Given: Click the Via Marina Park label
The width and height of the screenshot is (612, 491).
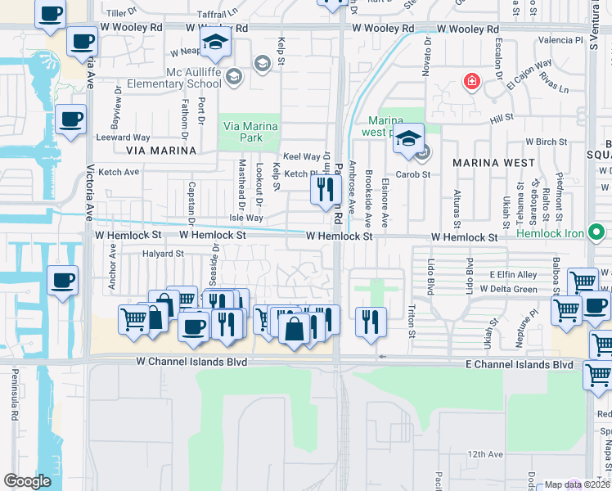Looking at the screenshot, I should (x=251, y=133).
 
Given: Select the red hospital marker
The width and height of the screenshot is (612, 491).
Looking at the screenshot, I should (x=471, y=81).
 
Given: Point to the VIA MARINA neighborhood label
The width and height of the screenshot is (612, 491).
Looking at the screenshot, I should (x=161, y=151).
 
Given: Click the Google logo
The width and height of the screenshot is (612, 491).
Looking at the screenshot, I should (x=28, y=481).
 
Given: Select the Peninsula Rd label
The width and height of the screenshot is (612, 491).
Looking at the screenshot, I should (x=14, y=394).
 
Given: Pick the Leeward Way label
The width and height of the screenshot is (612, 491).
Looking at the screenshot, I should (x=124, y=137).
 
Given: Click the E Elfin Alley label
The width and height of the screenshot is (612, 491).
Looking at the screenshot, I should (x=514, y=274).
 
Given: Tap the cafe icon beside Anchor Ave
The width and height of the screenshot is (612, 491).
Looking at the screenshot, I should (x=62, y=281).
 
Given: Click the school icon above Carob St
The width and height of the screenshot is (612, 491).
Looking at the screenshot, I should (x=407, y=140).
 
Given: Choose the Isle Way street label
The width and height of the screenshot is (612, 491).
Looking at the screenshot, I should (x=246, y=218).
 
